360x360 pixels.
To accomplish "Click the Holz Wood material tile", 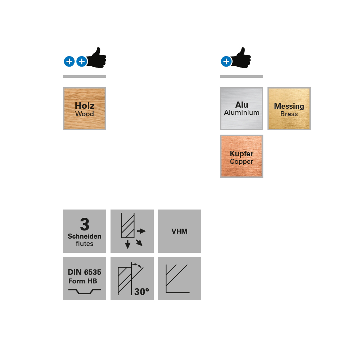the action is pos(85,109).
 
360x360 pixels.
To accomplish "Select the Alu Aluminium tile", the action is pos(242,109).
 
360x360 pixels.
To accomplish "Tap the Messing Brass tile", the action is pos(289,109).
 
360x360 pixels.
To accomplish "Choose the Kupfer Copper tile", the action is pos(242,156).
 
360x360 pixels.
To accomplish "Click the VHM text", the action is pos(180,231).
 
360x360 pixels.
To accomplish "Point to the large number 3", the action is pos(85,224).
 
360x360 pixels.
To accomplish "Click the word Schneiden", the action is pos(85,236).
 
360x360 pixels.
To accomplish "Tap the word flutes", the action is pos(85,244).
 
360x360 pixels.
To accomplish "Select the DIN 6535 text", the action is pos(85,272).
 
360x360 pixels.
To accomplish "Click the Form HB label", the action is pos(83,281).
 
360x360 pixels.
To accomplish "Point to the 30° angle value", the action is pos(141,292).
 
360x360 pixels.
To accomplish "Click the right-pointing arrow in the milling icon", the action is pos(141,231).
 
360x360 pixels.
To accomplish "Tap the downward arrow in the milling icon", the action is pos(128,244).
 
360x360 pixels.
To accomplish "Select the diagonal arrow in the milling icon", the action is pos(139,243).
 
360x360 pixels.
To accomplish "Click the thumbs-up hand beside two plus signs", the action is pos(97,58).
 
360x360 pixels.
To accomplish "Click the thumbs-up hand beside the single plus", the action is pos(241,58).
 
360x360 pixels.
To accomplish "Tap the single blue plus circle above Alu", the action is pos(226,61).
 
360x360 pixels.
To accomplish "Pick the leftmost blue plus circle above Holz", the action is pos(69,61).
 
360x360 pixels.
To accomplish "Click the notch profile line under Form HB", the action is pos(85,291).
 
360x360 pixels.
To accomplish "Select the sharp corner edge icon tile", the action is pos(180,279).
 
